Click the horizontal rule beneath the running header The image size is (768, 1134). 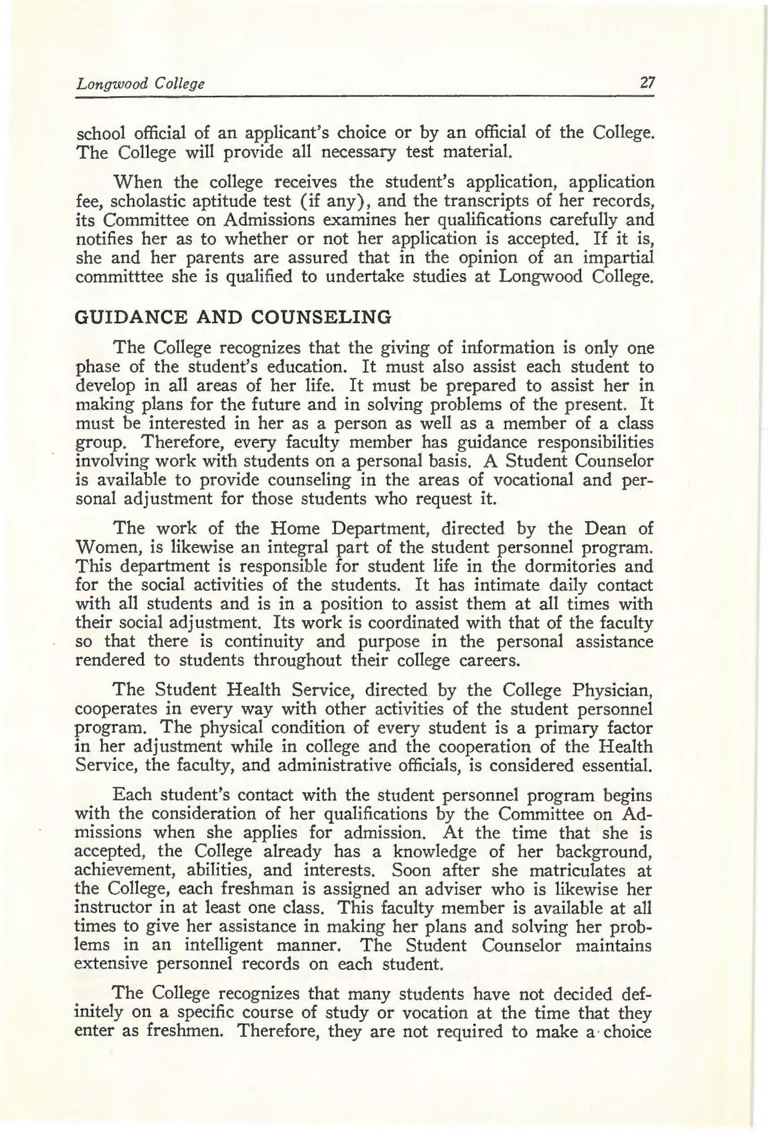click(x=364, y=97)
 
